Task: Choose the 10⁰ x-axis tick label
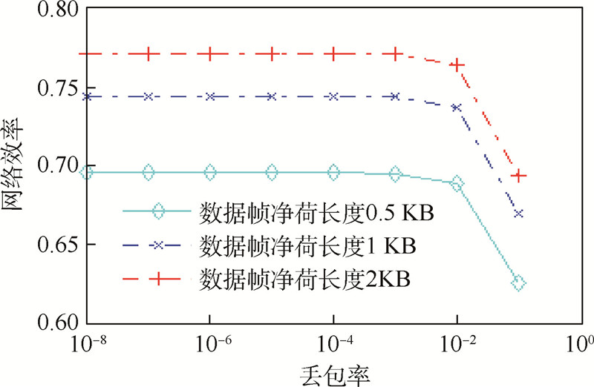pos(581,344)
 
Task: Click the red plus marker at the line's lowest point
pos(519,176)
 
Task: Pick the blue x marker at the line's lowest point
pos(519,214)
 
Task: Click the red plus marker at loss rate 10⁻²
pos(457,65)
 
